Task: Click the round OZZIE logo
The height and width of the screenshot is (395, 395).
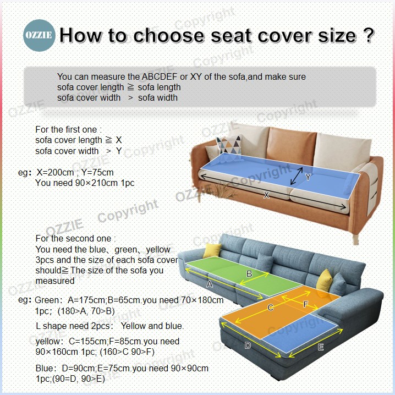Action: [39, 35]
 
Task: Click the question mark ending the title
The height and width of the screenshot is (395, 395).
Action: [369, 35]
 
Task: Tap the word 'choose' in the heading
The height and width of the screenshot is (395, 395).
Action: [168, 35]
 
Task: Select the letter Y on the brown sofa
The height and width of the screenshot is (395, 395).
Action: [308, 177]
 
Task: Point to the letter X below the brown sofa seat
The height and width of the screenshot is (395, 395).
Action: [266, 195]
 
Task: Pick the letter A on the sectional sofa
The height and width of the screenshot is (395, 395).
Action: [210, 284]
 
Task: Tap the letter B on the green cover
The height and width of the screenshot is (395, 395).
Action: [249, 273]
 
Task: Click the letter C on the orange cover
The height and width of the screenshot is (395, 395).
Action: [270, 308]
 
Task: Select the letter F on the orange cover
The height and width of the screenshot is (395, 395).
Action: [305, 304]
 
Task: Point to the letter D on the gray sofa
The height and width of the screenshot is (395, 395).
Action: [248, 345]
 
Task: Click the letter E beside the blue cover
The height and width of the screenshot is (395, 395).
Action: [321, 347]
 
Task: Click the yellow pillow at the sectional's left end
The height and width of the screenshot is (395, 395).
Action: [212, 250]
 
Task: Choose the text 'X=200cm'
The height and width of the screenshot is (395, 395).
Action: [56, 173]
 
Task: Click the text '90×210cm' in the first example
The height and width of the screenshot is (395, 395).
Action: [96, 183]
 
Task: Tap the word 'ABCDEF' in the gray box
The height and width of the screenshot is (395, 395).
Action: [160, 76]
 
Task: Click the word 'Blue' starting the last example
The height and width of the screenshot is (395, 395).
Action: [45, 368]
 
